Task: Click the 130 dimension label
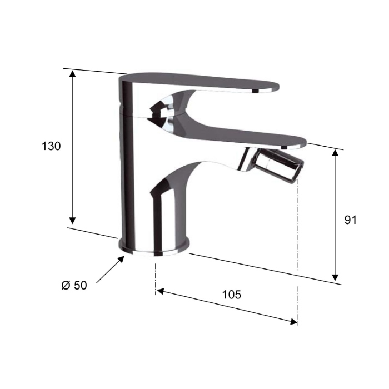point(51,146)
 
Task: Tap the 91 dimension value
point(350,220)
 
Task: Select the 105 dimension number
point(231,295)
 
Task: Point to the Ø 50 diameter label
point(74,285)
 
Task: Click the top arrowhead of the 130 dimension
point(72,74)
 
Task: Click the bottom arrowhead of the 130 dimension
point(72,220)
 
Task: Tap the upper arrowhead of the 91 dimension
point(335,153)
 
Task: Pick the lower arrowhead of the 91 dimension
point(335,277)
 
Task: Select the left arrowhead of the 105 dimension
point(161,291)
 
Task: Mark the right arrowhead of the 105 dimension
point(294,322)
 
